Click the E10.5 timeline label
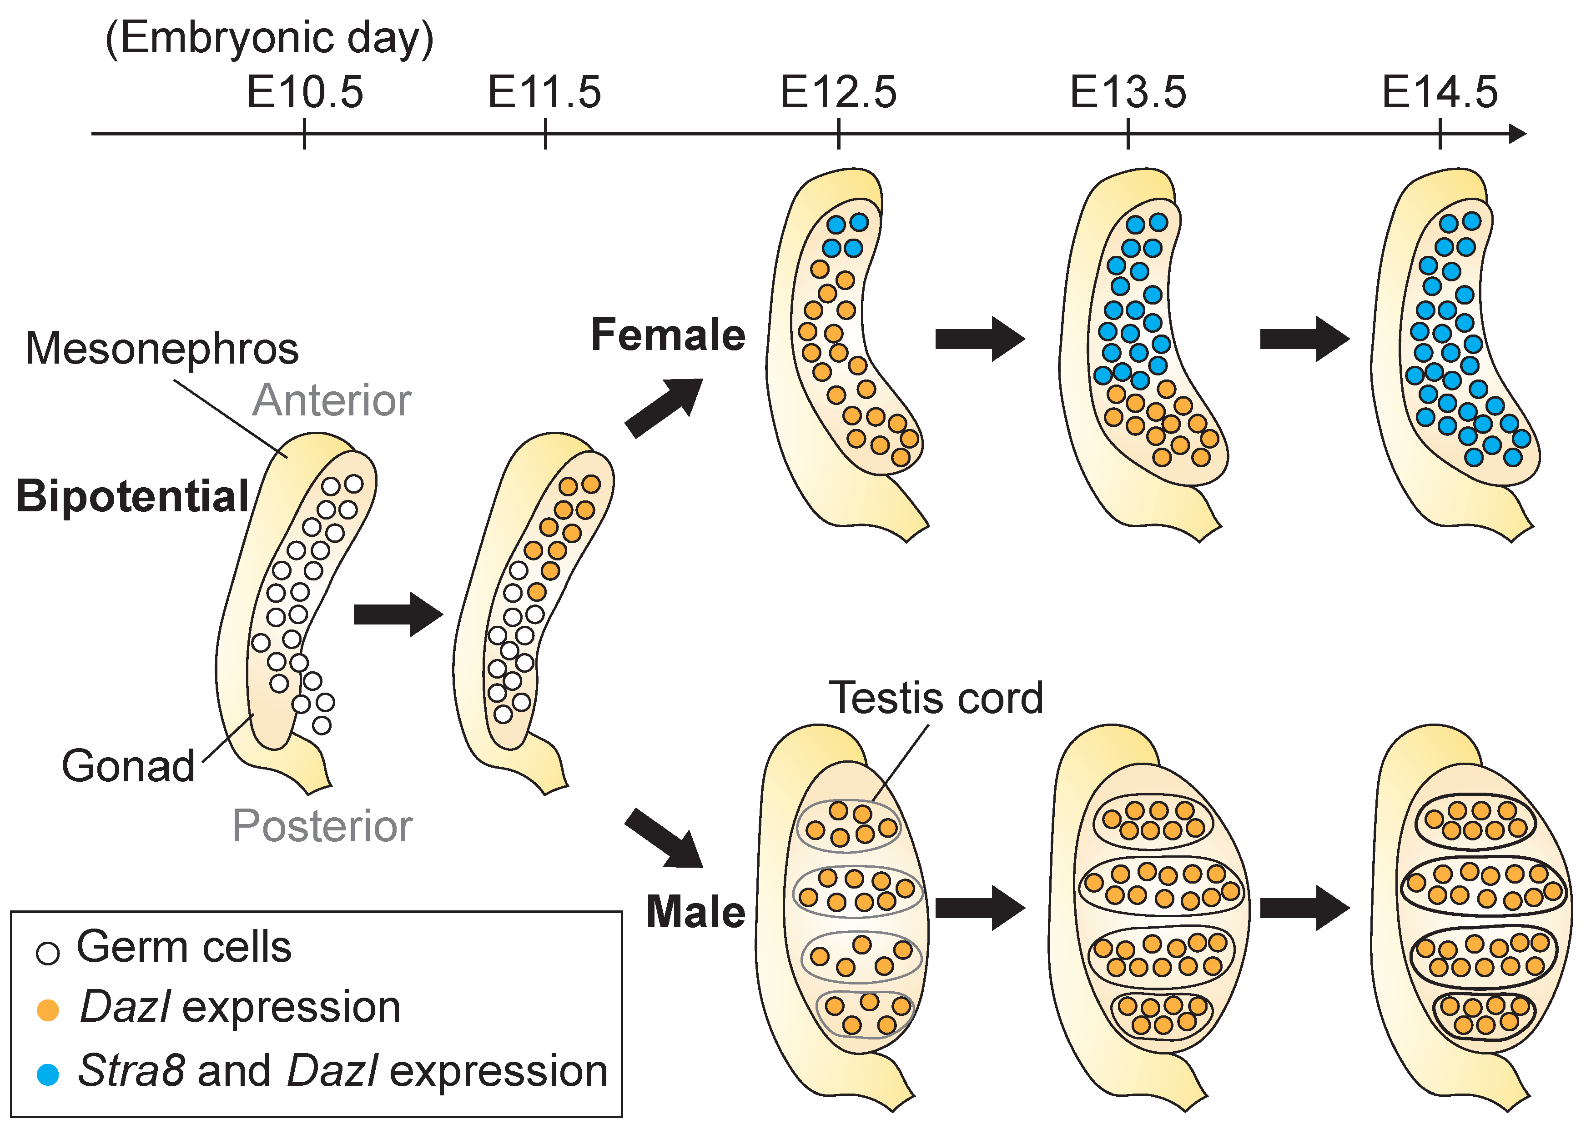click(305, 92)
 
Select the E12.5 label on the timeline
click(838, 92)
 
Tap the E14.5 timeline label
click(1439, 92)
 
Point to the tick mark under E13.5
click(1128, 134)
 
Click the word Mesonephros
click(161, 348)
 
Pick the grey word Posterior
click(322, 826)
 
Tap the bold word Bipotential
click(132, 496)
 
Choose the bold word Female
click(668, 335)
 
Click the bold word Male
click(695, 912)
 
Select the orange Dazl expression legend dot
click(47, 1010)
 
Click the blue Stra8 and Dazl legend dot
click(47, 1074)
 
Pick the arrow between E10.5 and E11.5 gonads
click(398, 614)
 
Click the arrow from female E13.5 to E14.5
click(1304, 339)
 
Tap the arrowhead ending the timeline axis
click(1518, 134)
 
